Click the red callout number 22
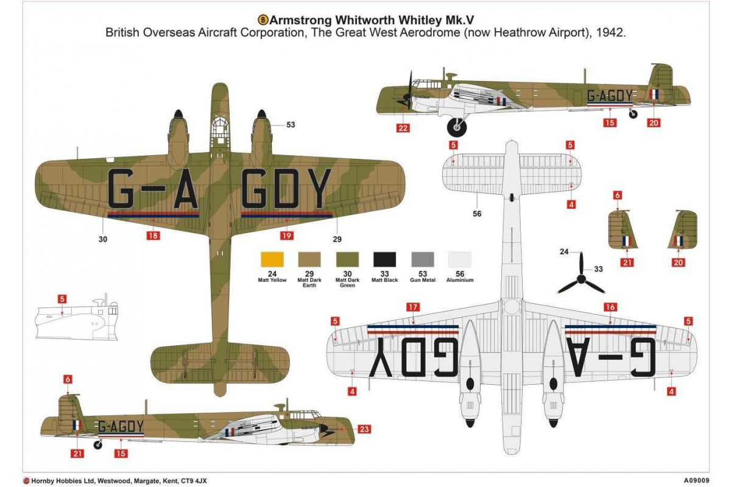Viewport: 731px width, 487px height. pos(403,128)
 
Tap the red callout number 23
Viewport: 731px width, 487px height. pos(364,429)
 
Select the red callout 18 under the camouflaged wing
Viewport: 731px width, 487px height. pos(153,235)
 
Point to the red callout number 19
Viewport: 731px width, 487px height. pos(286,235)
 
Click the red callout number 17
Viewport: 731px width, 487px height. pos(413,307)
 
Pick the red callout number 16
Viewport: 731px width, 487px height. pos(610,307)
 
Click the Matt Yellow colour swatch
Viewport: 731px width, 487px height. pos(272,260)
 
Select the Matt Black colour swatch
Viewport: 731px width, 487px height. pos(385,260)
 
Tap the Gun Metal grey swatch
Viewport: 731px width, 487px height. pos(423,260)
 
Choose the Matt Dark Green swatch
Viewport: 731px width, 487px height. pos(347,260)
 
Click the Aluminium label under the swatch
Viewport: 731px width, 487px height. pos(460,280)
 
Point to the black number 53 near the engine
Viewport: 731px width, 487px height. pos(291,125)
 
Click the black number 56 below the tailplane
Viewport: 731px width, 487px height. pos(477,214)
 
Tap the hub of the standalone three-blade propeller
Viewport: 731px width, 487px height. pos(581,279)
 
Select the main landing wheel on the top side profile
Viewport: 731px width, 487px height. pos(456,127)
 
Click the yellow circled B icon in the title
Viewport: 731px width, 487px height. pos(263,20)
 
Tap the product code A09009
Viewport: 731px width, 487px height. pos(697,480)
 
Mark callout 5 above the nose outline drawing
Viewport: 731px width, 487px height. pos(62,299)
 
